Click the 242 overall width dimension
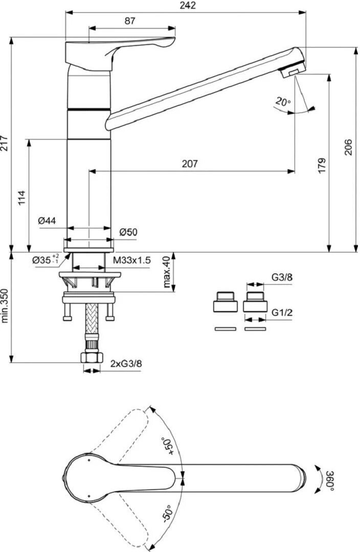tap(188, 6)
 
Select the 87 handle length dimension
tap(130, 21)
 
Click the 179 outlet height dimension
tap(322, 165)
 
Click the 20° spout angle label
tap(282, 102)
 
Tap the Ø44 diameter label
tap(47, 220)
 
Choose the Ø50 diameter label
tap(128, 232)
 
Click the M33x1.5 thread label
tap(132, 260)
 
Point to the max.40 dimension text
tap(165, 272)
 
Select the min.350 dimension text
tap(5, 306)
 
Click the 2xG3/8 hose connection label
tap(126, 363)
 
